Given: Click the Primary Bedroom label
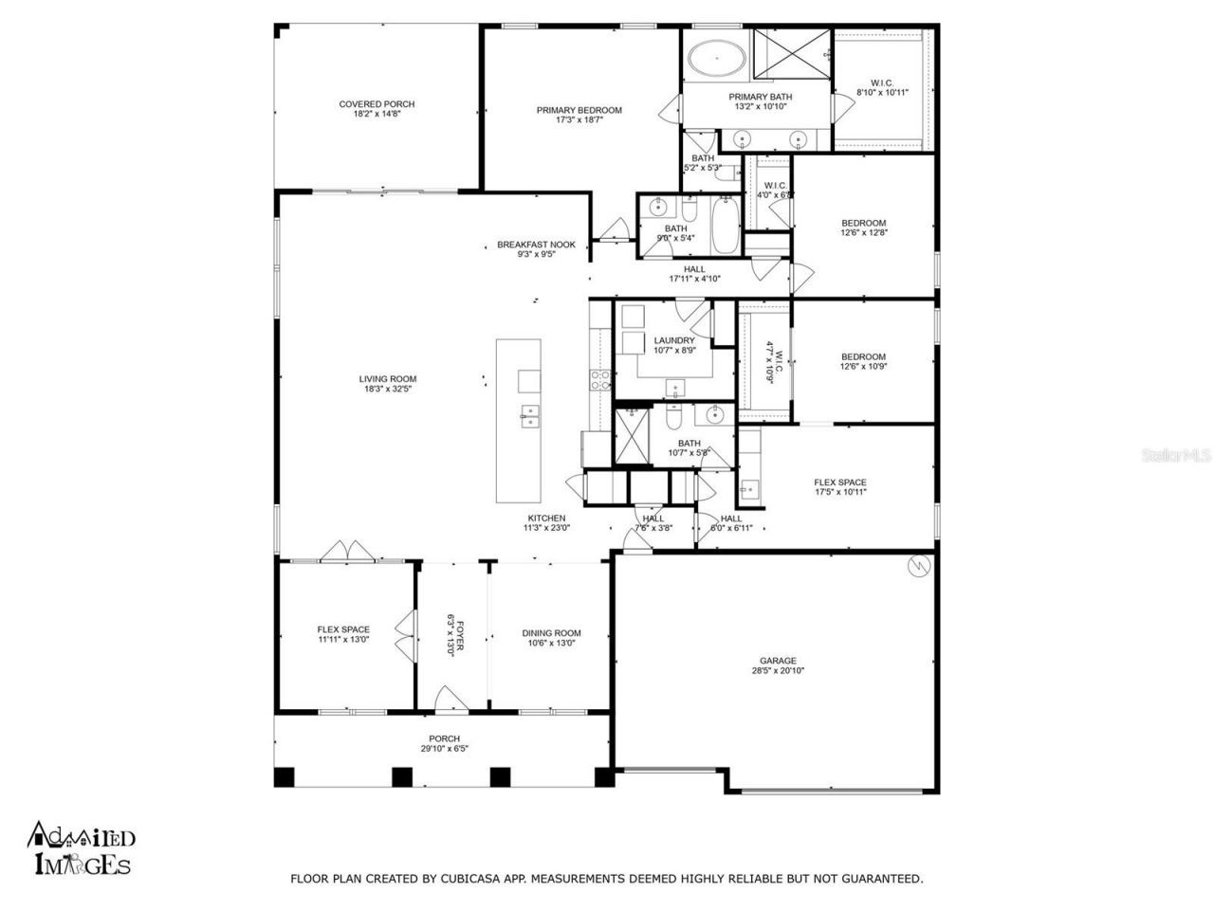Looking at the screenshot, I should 579,110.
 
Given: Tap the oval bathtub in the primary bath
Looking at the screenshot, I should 716,61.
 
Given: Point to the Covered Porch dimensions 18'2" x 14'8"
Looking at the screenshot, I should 377,115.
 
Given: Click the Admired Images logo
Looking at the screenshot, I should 82,847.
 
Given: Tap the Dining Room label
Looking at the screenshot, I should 551,633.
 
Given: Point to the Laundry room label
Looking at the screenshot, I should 674,340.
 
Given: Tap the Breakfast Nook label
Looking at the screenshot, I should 536,245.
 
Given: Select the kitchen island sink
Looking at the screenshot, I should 529,415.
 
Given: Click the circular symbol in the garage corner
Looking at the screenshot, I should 919,566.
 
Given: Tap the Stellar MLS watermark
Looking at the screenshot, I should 1176,456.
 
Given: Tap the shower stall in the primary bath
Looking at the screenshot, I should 792,55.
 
